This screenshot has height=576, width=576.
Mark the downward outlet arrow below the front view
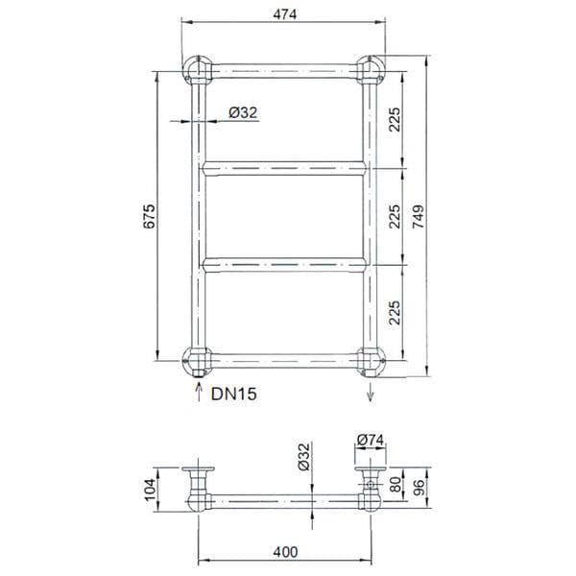pyautogui.click(x=369, y=392)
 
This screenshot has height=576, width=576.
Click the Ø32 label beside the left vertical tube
pyautogui.click(x=244, y=113)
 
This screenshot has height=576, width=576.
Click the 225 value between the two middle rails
pyautogui.click(x=395, y=216)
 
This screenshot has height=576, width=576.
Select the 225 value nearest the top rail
pyautogui.click(x=395, y=118)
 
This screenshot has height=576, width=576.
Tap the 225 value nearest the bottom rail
pyautogui.click(x=395, y=312)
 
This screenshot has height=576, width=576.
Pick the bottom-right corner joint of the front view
pyautogui.click(x=369, y=363)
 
